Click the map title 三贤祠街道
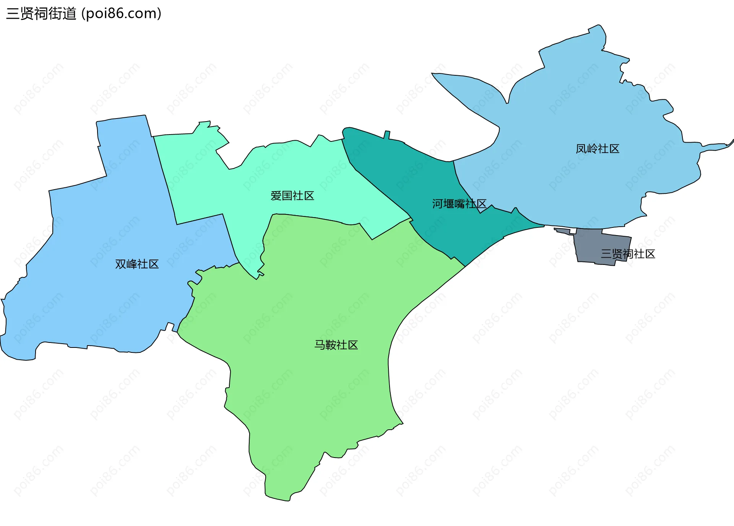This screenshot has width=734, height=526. click(x=41, y=14)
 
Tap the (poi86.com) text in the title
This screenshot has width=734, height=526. click(x=122, y=14)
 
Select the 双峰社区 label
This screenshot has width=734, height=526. click(x=137, y=264)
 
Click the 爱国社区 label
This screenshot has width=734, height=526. click(x=292, y=196)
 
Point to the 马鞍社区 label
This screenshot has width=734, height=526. click(x=336, y=345)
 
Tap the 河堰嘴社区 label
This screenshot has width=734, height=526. click(x=459, y=204)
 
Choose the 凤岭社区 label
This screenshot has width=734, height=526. click(x=598, y=149)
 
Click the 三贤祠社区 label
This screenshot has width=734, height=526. click(x=628, y=254)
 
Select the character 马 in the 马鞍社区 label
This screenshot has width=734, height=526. click(x=320, y=345)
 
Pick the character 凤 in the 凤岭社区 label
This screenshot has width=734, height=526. click(x=581, y=149)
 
